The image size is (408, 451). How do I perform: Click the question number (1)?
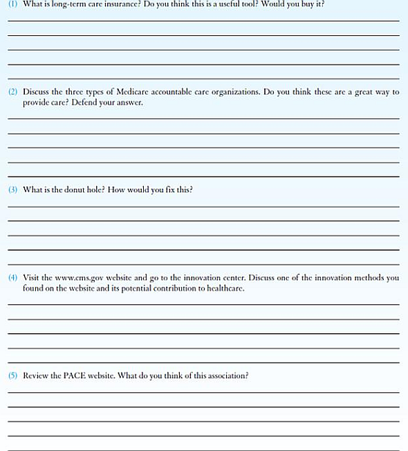(13, 4)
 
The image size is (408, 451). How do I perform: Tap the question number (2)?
(13, 91)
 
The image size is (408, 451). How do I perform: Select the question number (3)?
(13, 189)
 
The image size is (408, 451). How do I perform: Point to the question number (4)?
(13, 278)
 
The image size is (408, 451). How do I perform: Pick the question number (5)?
(13, 375)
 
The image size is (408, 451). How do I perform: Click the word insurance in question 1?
(120, 4)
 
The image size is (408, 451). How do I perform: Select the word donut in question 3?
(78, 189)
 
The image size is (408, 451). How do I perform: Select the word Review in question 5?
(37, 375)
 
